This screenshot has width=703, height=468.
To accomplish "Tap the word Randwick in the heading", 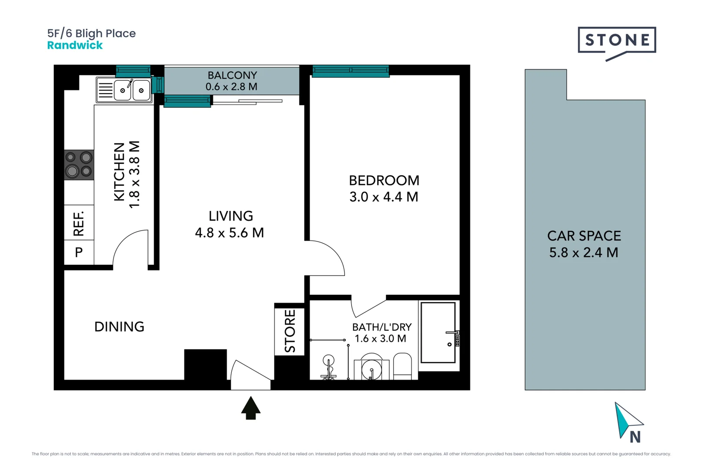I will coord(75,45).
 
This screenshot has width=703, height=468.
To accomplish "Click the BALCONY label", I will coord(232,75).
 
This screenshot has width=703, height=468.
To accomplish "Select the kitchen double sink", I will coord(132,90).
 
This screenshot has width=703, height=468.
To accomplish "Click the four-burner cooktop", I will coord(79,165).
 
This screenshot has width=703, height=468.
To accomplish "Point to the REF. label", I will coord(79,223).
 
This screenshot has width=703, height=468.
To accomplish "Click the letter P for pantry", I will coord(79,252).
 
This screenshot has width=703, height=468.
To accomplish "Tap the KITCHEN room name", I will coord(119,172).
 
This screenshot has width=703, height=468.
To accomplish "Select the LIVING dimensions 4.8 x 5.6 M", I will coord(229,233).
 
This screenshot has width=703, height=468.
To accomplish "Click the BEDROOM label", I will coord(384,180).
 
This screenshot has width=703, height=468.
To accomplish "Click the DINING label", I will coord(119,327).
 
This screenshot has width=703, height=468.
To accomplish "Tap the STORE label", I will coord(290,331).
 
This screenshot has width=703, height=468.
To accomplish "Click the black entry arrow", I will coord(251,408).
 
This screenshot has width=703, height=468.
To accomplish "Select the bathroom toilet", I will coord(402,367).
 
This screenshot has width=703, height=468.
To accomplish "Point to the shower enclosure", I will coord(438,333).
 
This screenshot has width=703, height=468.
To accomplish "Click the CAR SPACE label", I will coord(584,236).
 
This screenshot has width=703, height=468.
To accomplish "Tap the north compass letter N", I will coord(635,438).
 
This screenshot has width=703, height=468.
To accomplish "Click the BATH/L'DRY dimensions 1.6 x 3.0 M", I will coord(381,339).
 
